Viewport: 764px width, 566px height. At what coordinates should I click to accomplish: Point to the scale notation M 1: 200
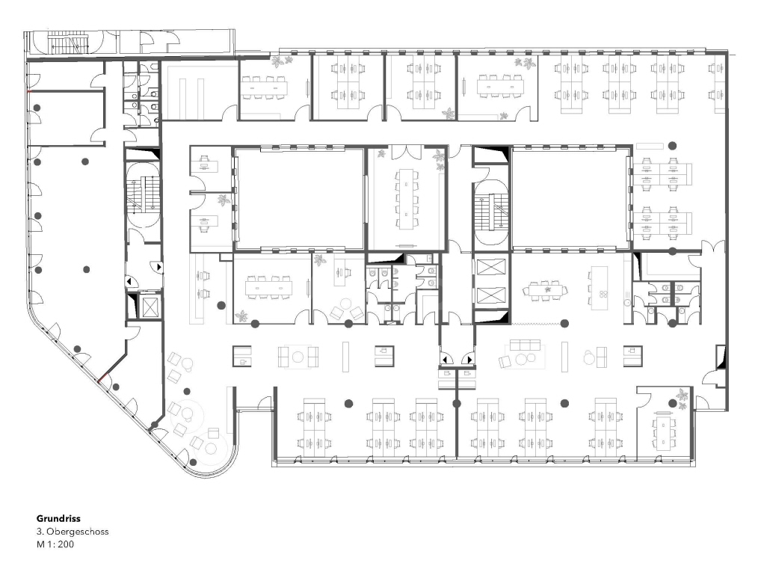55,544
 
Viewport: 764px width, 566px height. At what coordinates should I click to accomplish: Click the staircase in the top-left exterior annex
68,44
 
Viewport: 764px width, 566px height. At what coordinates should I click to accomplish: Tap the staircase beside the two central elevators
491,212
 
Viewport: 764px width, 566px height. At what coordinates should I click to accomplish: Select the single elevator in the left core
148,306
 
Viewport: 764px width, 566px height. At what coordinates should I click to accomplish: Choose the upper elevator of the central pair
491,268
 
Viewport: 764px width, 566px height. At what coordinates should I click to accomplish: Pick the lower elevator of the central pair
491,296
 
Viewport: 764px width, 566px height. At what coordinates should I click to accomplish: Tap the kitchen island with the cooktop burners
601,288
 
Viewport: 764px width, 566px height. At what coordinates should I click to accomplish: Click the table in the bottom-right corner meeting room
664,431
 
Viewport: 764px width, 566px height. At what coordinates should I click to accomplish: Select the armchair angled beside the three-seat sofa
505,361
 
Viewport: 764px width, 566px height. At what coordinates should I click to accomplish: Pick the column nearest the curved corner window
194,462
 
